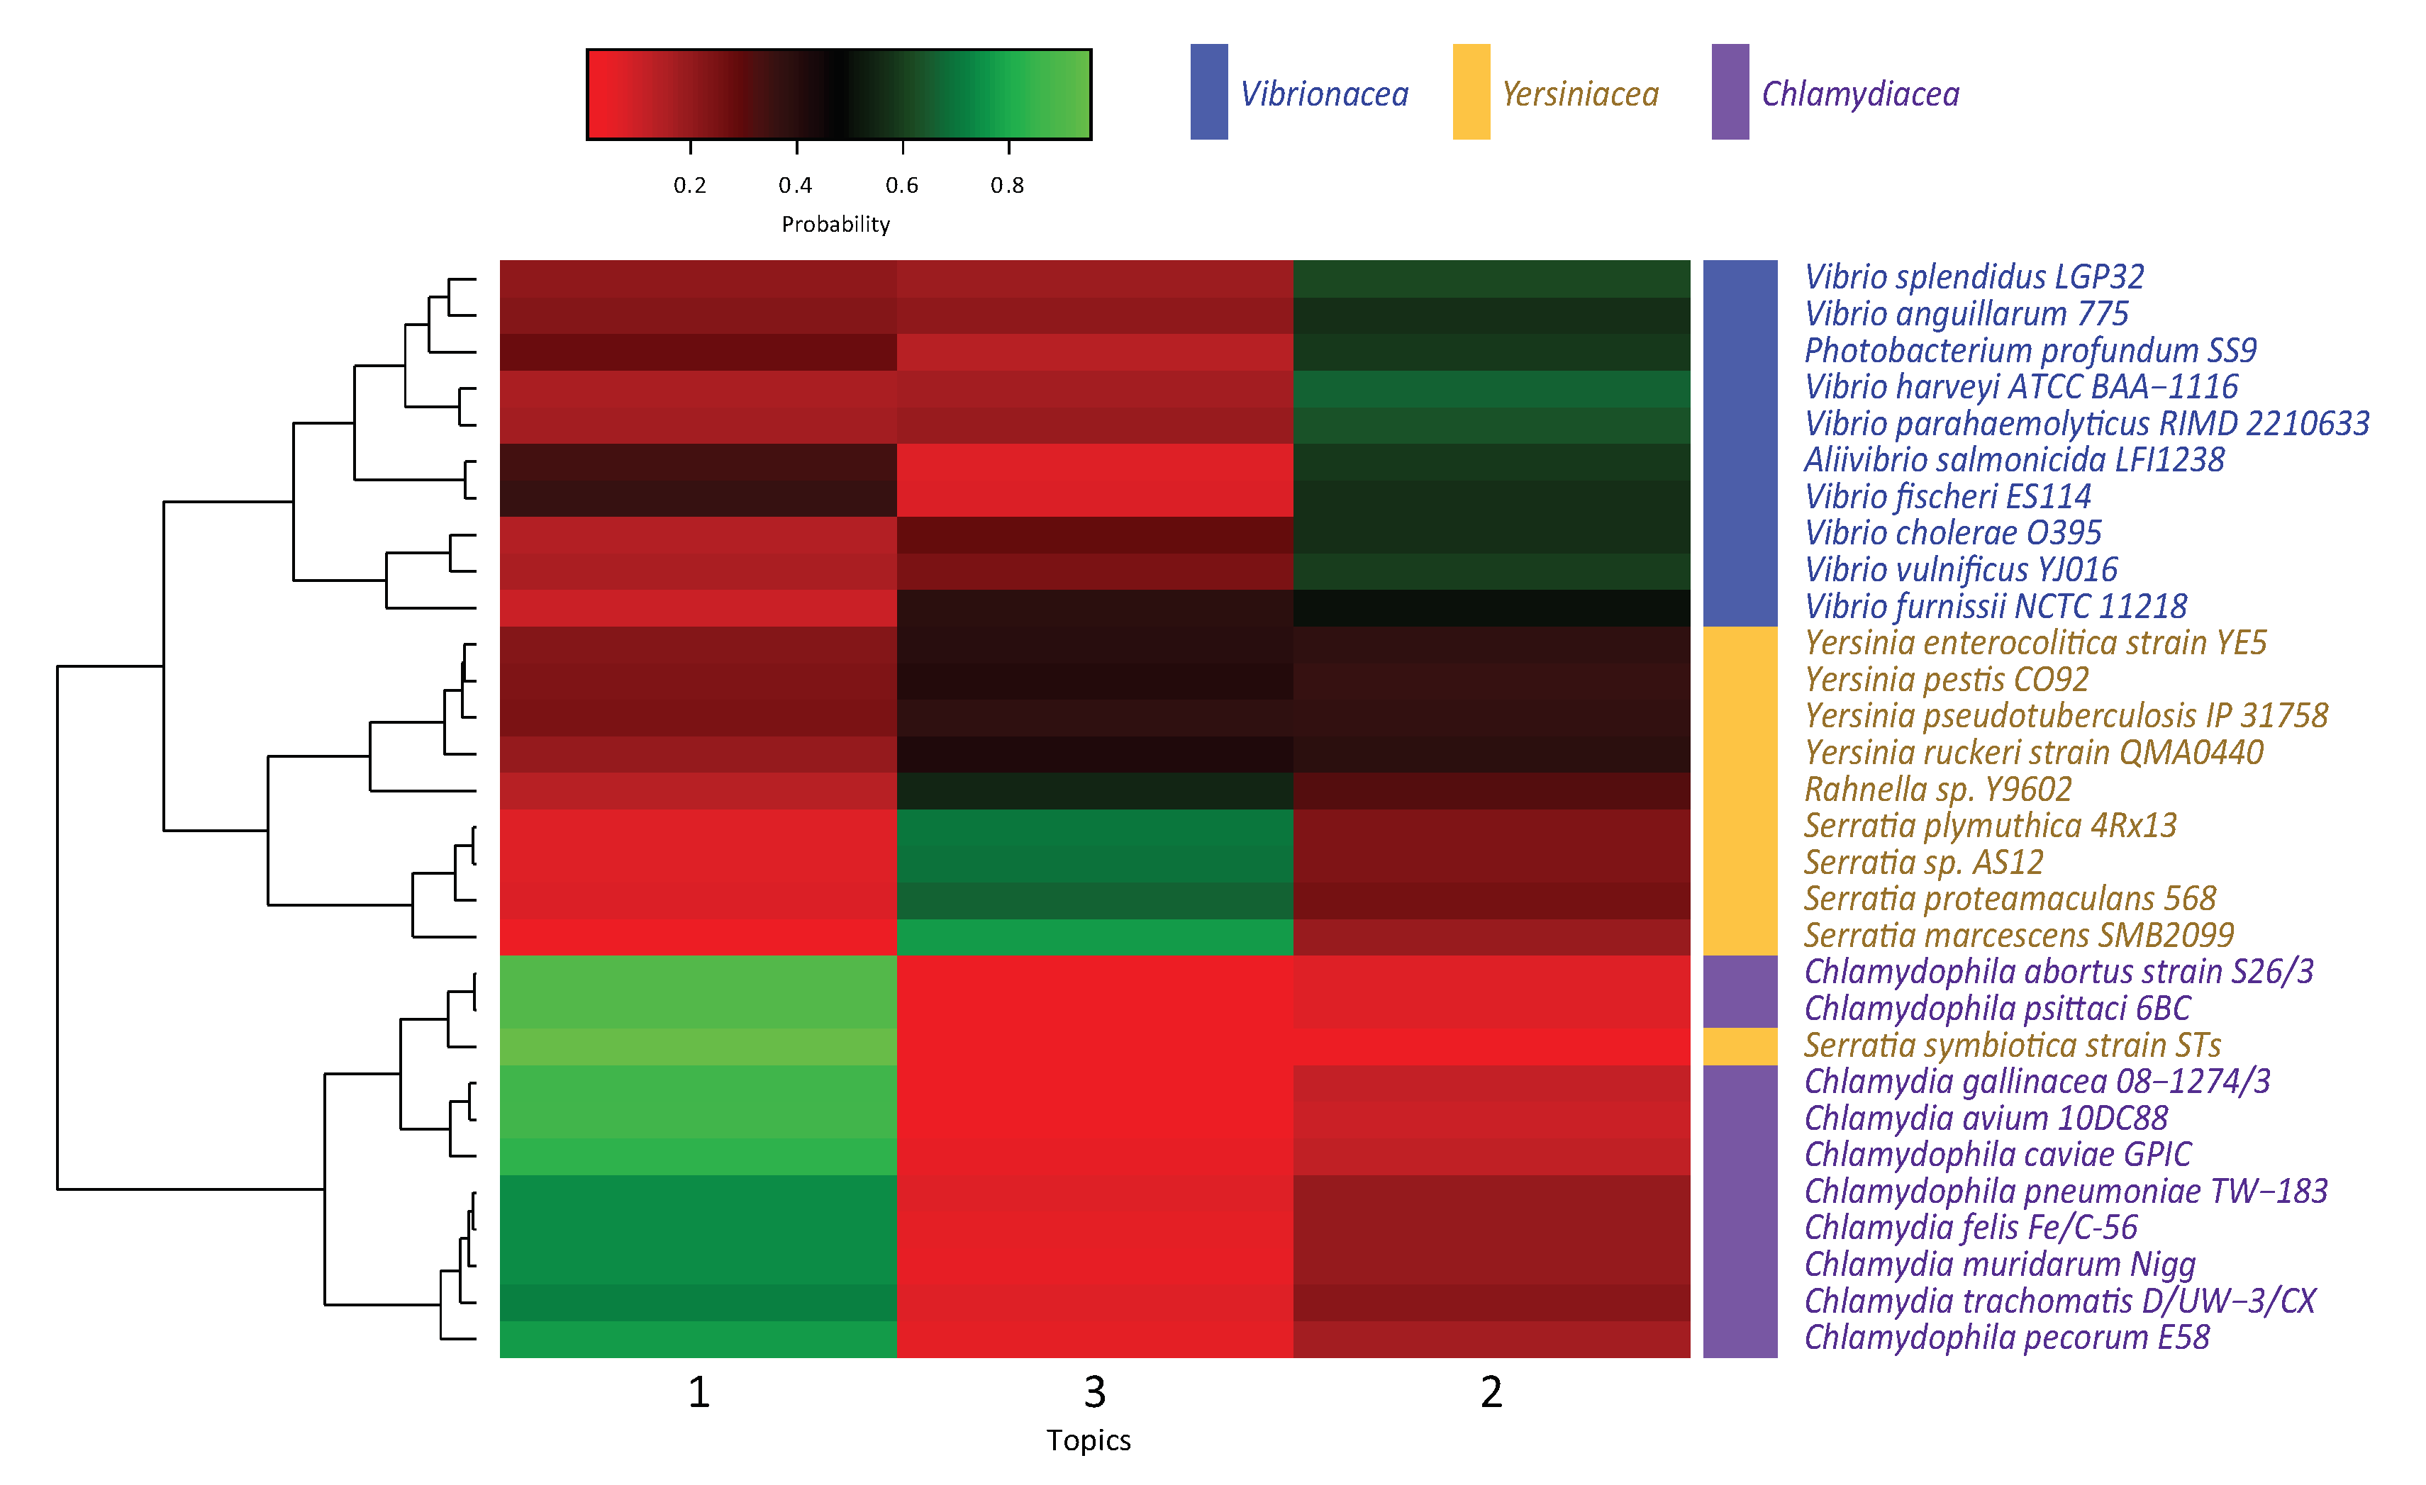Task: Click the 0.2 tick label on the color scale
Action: (x=689, y=185)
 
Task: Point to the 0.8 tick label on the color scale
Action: (x=1007, y=185)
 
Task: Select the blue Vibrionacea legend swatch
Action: (x=1208, y=91)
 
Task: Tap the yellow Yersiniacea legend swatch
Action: (x=1471, y=91)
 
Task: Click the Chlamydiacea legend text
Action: (x=1860, y=94)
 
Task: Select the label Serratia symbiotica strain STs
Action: (x=2011, y=1044)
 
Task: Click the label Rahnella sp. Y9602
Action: (x=1937, y=788)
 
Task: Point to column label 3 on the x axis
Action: (x=1094, y=1391)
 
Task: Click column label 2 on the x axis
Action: (x=1491, y=1391)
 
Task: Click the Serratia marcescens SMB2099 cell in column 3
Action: (x=1094, y=937)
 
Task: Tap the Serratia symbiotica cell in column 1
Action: (x=698, y=1046)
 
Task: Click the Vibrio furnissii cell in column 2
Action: (x=1491, y=607)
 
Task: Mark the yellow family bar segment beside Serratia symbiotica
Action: (x=1740, y=1046)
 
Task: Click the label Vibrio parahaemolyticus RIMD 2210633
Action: (x=2086, y=423)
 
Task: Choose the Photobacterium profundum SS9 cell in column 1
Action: (x=698, y=352)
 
